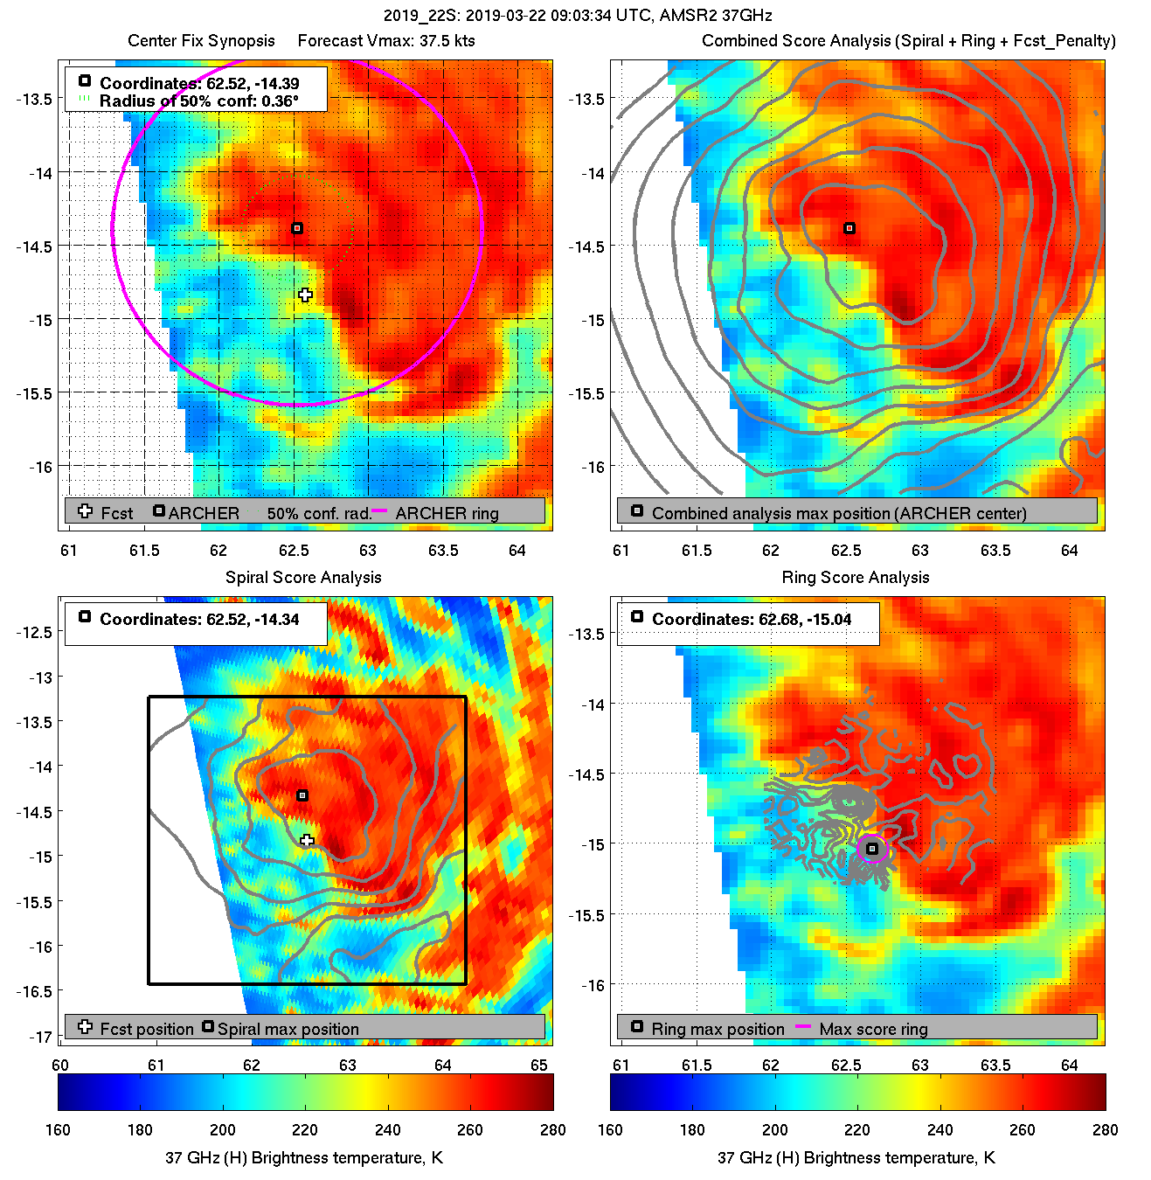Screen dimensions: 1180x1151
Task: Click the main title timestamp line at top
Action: pyautogui.click(x=578, y=16)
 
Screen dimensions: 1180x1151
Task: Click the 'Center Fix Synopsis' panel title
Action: pyautogui.click(x=201, y=41)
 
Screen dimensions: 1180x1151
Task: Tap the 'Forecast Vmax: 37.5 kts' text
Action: pyautogui.click(x=386, y=41)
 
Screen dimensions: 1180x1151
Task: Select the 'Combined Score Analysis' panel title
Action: pyautogui.click(x=909, y=41)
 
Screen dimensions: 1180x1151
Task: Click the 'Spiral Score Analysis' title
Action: pyautogui.click(x=303, y=578)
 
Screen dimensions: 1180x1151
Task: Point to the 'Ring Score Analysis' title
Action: pyautogui.click(x=856, y=578)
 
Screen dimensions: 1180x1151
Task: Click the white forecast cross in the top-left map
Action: pyautogui.click(x=305, y=295)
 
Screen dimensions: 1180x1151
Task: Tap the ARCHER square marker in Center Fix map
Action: pyautogui.click(x=297, y=228)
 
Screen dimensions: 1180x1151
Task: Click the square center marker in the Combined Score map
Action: pyautogui.click(x=849, y=228)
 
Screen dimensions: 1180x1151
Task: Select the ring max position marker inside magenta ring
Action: pyautogui.click(x=872, y=849)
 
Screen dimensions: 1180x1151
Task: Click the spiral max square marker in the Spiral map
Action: pyautogui.click(x=302, y=795)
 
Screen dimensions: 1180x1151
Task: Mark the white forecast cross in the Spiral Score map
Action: pyautogui.click(x=307, y=841)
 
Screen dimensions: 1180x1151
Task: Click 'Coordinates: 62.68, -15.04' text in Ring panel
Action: pyautogui.click(x=752, y=620)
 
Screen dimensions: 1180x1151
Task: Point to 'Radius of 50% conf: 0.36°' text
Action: pyautogui.click(x=199, y=101)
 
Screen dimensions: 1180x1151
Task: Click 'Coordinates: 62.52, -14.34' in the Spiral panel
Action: pyautogui.click(x=199, y=620)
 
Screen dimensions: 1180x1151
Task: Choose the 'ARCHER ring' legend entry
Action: pyautogui.click(x=447, y=513)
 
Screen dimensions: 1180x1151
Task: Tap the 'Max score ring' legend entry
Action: pyautogui.click(x=873, y=1030)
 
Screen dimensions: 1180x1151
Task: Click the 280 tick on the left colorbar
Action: pyautogui.click(x=552, y=1130)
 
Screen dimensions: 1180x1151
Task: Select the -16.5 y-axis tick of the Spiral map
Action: pyautogui.click(x=36, y=991)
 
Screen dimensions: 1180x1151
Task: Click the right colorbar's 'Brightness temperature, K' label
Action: pyautogui.click(x=856, y=1158)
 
